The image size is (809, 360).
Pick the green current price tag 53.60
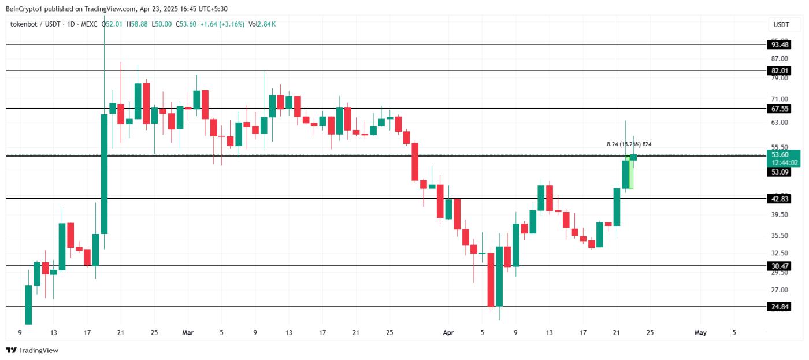coord(780,155)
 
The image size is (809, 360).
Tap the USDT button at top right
coord(781,25)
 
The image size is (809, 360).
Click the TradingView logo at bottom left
coord(32,350)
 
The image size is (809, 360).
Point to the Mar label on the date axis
coord(188,332)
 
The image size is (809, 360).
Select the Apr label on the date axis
coord(448,332)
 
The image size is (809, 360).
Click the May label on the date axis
coord(700,332)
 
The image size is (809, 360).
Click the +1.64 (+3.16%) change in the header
coord(222,24)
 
